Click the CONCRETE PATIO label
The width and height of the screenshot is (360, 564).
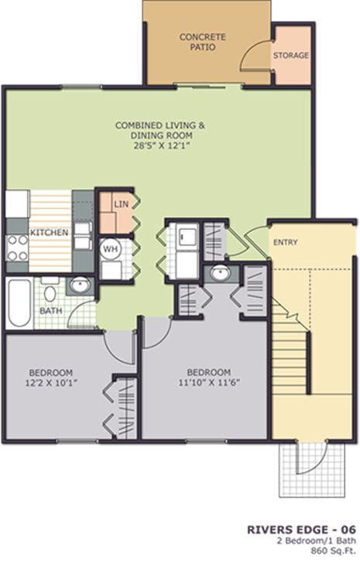pyautogui.click(x=197, y=42)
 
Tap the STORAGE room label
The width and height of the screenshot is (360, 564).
pyautogui.click(x=290, y=56)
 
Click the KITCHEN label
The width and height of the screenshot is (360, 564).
pyautogui.click(x=49, y=232)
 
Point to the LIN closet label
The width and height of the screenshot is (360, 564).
pyautogui.click(x=120, y=204)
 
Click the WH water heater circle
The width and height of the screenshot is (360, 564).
pyautogui.click(x=111, y=249)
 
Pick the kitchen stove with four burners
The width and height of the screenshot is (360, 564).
pyautogui.click(x=17, y=247)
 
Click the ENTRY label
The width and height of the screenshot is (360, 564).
pyautogui.click(x=285, y=242)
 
